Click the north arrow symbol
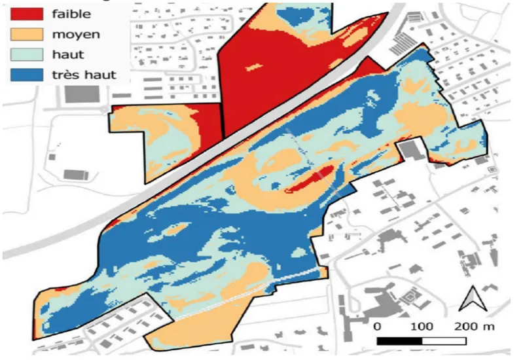click(470, 300)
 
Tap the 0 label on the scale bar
click(376, 325)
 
